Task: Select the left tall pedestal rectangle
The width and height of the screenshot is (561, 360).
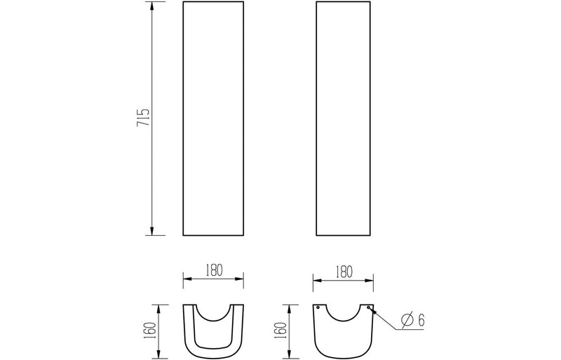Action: point(213,118)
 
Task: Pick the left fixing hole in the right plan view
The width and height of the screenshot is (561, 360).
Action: point(318,307)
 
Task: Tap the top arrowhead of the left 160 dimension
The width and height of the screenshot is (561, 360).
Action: point(161,307)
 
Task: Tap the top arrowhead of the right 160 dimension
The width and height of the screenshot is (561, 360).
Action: point(290,307)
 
